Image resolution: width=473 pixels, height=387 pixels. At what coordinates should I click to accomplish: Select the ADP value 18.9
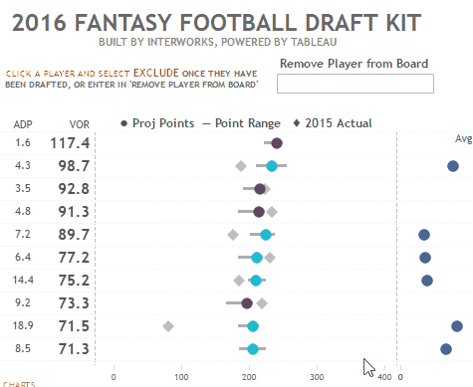point(23,325)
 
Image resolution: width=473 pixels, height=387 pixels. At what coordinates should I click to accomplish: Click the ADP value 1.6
point(23,143)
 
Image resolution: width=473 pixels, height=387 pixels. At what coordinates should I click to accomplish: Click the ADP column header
point(23,124)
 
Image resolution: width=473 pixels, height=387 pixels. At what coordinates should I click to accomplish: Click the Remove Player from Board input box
point(355,84)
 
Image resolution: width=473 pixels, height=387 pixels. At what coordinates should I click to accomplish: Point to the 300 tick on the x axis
point(317,376)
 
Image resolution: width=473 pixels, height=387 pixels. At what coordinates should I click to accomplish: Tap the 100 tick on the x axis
point(181,376)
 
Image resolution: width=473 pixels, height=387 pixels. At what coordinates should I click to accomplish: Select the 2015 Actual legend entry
point(333,123)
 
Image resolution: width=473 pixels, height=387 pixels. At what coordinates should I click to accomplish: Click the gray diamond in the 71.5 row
point(167,326)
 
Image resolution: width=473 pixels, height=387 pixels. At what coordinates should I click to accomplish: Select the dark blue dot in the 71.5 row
point(457,326)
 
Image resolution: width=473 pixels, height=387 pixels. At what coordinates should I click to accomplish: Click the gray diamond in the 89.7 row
point(233,235)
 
